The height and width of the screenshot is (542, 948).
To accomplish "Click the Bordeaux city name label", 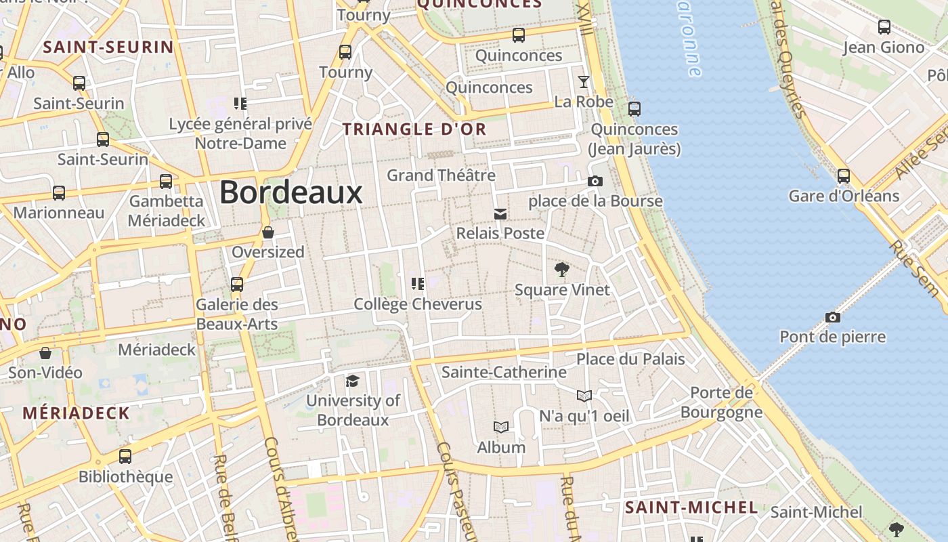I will pyautogui.click(x=291, y=192).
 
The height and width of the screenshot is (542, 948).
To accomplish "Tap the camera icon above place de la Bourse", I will pyautogui.click(x=595, y=181).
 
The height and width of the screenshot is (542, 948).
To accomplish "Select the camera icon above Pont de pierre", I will pyautogui.click(x=833, y=317).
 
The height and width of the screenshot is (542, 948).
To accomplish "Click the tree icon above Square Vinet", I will pyautogui.click(x=561, y=270).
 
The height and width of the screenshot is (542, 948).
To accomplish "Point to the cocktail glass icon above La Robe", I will pyautogui.click(x=583, y=82).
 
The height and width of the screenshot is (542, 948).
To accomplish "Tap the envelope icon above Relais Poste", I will pyautogui.click(x=500, y=214).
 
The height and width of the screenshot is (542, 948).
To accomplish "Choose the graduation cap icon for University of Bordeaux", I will pyautogui.click(x=352, y=381).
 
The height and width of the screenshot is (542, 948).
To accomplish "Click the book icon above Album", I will pyautogui.click(x=501, y=427).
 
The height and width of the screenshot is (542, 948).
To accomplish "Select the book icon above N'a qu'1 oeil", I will pyautogui.click(x=584, y=396).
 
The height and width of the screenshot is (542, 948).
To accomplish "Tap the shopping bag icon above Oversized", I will pyautogui.click(x=268, y=232).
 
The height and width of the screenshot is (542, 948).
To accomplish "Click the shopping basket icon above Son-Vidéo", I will pyautogui.click(x=45, y=353).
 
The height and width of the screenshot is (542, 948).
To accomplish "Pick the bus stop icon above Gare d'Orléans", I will pyautogui.click(x=844, y=176).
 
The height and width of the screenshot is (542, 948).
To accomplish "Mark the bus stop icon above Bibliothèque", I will pyautogui.click(x=125, y=457).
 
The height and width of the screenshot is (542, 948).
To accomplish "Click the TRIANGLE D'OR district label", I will pyautogui.click(x=414, y=129).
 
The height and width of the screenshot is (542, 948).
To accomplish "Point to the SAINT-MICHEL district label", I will pyautogui.click(x=691, y=507).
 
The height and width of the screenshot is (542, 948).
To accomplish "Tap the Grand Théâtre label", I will pyautogui.click(x=441, y=175).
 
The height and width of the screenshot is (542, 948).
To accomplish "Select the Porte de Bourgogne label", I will pyautogui.click(x=722, y=402).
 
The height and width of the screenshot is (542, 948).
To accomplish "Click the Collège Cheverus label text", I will pyautogui.click(x=418, y=304).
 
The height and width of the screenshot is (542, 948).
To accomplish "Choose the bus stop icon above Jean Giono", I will pyautogui.click(x=884, y=27).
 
